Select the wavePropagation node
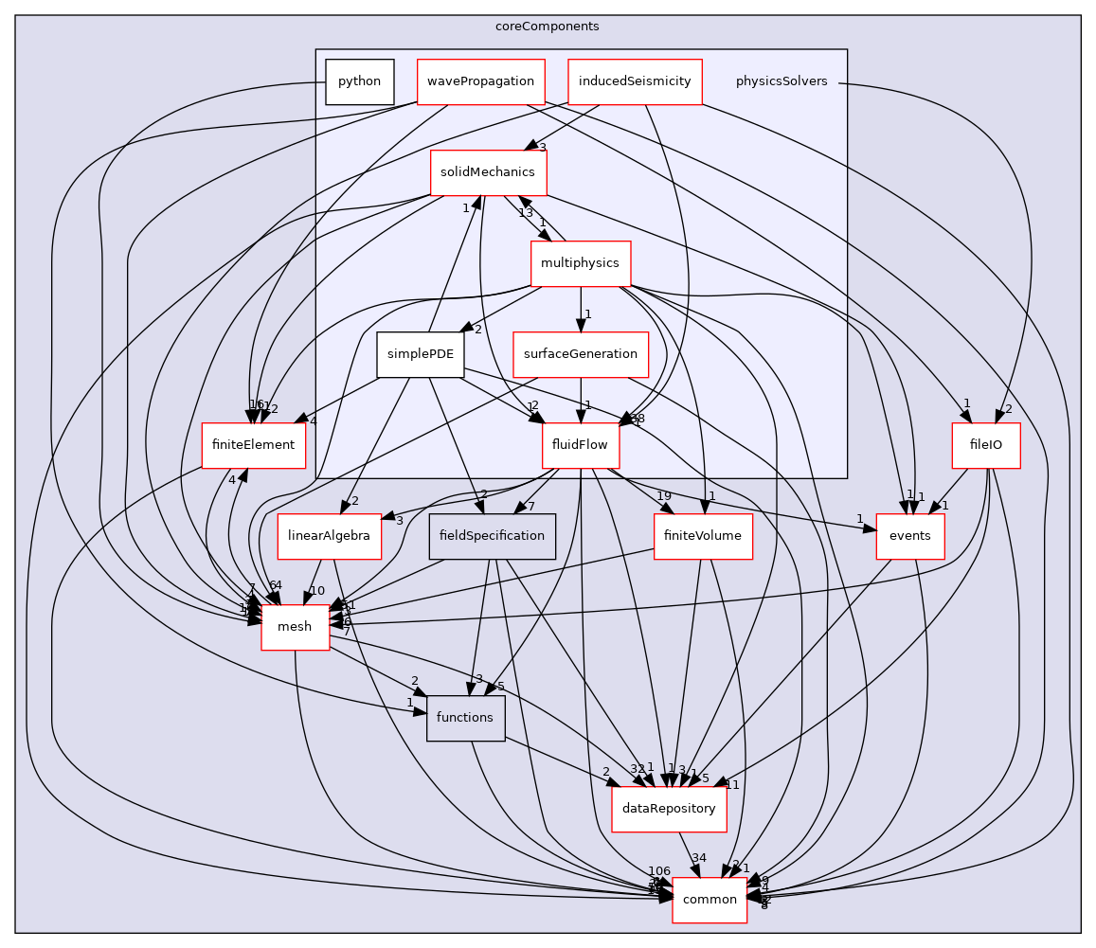coord(481,81)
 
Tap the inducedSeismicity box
coord(636,81)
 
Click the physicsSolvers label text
coord(782,81)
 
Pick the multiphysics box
coord(580,262)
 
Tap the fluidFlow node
coord(580,444)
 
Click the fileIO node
coord(986,444)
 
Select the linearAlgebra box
coord(323,536)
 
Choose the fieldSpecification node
coord(492,536)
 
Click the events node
coord(910,536)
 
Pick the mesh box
coord(295,627)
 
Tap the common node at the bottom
coord(710,900)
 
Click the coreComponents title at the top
coord(547,26)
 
